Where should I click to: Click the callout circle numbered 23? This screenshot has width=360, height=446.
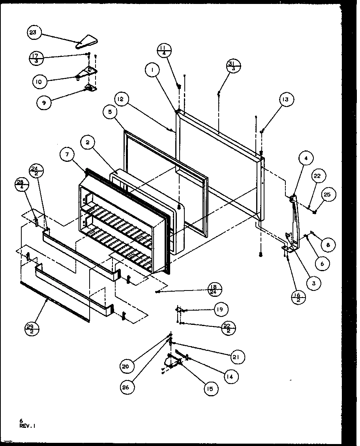pos(33,33)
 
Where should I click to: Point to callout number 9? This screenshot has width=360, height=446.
pos(43,103)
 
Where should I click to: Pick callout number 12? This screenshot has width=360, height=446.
pos(122,99)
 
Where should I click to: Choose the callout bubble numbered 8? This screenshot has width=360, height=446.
pos(328,245)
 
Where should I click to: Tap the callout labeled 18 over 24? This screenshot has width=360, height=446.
pos(214,289)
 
